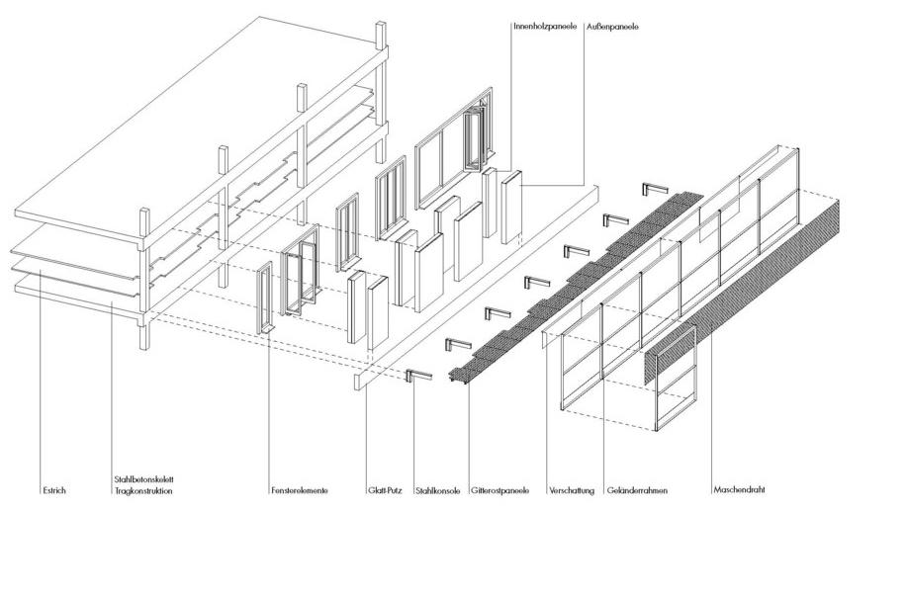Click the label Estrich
(x=53, y=490)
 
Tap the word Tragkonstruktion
(x=143, y=491)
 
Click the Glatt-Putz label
(x=382, y=490)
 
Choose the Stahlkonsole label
(x=437, y=490)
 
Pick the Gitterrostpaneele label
(x=499, y=490)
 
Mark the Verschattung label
(x=572, y=490)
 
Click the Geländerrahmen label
(x=635, y=490)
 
